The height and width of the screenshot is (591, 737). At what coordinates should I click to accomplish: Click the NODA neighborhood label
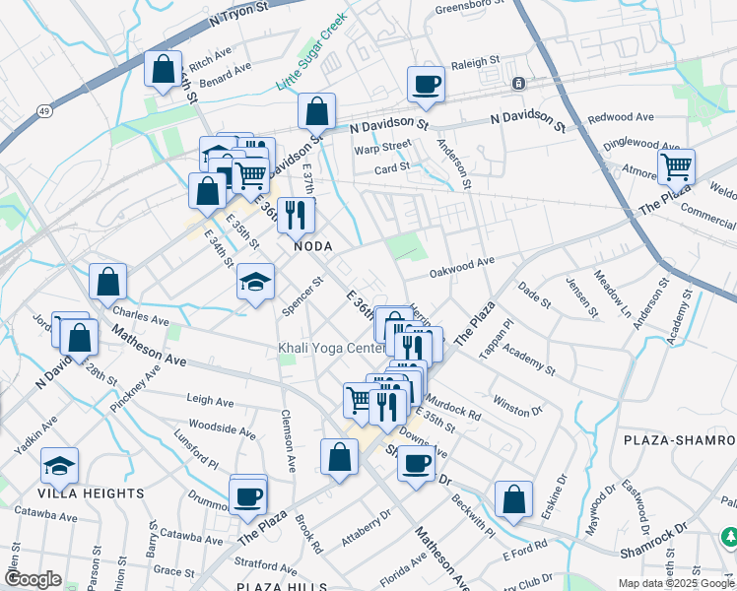(x=310, y=246)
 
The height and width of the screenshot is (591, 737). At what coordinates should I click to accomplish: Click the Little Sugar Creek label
(x=312, y=53)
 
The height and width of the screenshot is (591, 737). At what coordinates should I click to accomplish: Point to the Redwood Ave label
(x=621, y=117)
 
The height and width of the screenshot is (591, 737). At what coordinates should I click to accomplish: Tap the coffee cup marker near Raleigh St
(x=427, y=84)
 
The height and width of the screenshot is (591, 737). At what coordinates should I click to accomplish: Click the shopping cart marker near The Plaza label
(x=676, y=166)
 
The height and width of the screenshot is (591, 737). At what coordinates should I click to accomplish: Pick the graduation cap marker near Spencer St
(x=255, y=282)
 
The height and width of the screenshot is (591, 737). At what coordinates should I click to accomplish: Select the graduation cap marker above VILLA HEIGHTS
(x=60, y=466)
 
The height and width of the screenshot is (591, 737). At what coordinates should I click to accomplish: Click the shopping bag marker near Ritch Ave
(x=163, y=69)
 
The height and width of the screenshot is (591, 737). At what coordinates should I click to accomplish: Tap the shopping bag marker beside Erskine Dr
(x=513, y=498)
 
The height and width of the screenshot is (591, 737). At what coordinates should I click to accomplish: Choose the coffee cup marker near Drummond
(x=247, y=494)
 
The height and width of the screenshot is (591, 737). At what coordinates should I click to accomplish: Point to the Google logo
(x=33, y=579)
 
